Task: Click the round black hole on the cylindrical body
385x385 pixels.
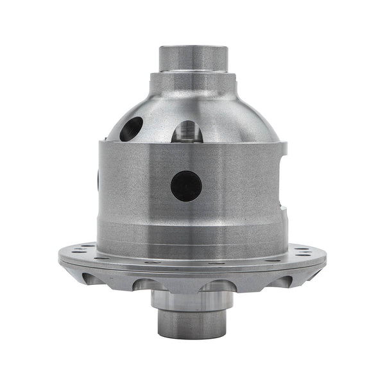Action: coord(186,186)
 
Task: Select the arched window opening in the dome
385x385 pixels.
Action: coord(188,132)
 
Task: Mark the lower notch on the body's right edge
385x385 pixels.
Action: coord(283,207)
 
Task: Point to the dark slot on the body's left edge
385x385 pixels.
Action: coord(98,180)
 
